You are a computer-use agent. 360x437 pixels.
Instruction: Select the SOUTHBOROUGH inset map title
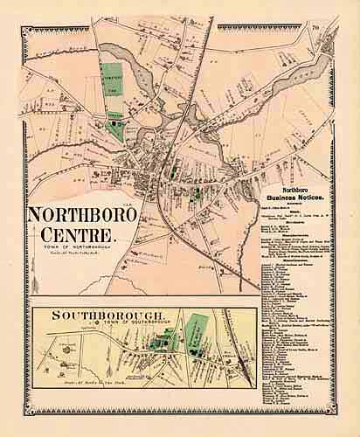(81, 311)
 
